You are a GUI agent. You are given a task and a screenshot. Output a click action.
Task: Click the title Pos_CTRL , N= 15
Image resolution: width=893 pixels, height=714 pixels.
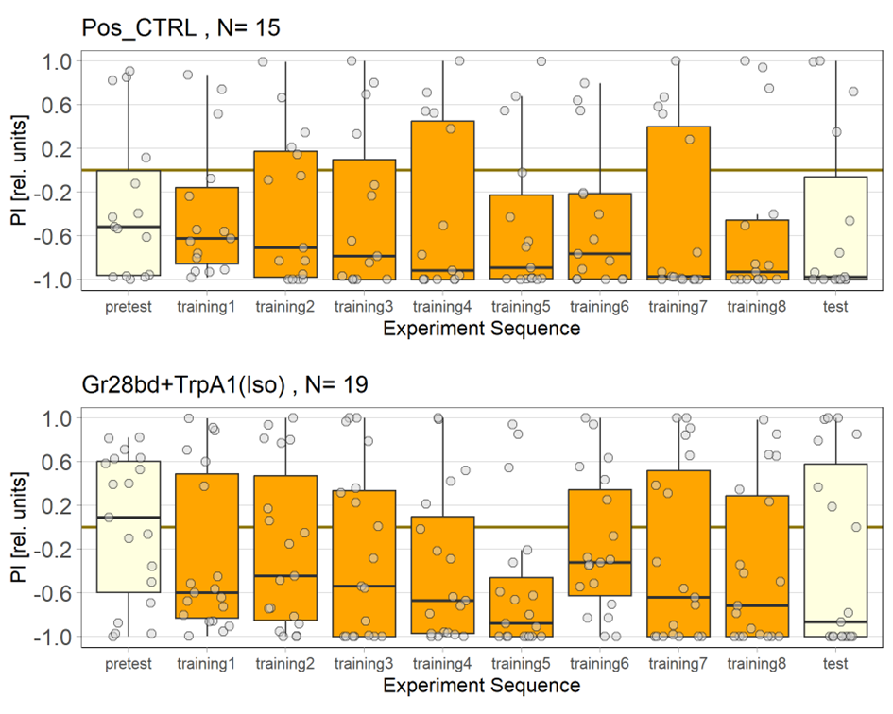[x=180, y=28]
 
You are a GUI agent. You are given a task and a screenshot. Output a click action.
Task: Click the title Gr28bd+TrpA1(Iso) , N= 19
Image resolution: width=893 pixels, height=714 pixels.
[x=224, y=384]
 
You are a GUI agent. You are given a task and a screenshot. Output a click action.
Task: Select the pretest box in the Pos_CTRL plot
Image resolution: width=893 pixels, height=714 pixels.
[x=129, y=223]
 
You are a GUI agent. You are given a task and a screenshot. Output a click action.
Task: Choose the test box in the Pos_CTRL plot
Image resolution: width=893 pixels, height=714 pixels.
[x=835, y=228]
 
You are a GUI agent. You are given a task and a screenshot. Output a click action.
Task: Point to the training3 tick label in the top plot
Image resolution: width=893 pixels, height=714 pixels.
[x=364, y=307]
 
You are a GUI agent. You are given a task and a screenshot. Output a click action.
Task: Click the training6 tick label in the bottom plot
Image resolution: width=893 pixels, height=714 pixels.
[x=599, y=664]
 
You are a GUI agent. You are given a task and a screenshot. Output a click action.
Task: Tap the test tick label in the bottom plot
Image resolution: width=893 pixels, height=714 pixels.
[x=835, y=664]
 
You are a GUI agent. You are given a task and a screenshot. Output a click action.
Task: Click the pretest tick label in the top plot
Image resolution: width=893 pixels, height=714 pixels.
[x=129, y=307]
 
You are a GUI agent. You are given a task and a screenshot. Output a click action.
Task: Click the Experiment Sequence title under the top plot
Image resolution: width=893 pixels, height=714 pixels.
[x=482, y=329]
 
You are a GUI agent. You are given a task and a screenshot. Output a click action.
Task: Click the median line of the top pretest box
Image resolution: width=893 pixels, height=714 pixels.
[x=129, y=227]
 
